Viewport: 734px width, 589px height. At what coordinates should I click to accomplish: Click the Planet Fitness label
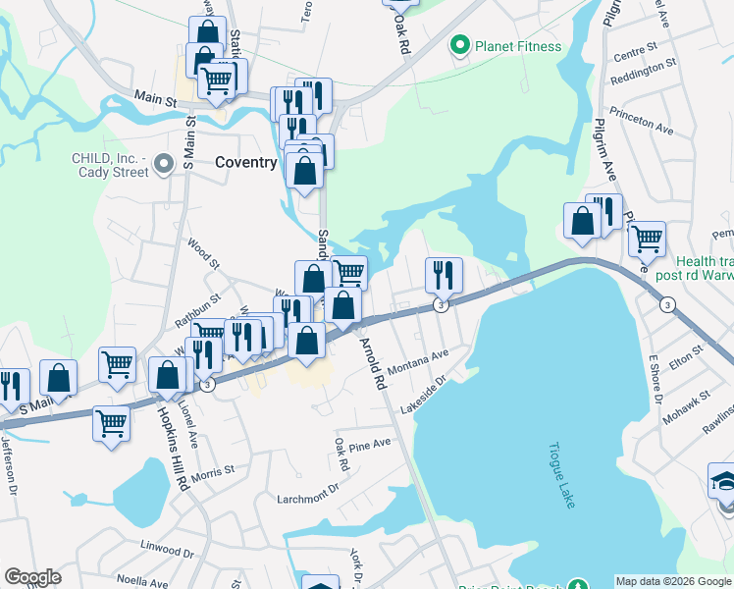pos(518,46)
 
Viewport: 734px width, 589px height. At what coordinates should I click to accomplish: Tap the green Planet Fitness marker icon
pos(458,45)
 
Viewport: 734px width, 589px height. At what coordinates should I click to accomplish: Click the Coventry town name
pos(245,162)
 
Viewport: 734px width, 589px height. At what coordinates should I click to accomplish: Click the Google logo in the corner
pos(32,577)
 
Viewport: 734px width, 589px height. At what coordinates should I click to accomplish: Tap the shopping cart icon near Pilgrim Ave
pos(647,238)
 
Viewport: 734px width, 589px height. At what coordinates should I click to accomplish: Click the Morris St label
pos(213,472)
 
